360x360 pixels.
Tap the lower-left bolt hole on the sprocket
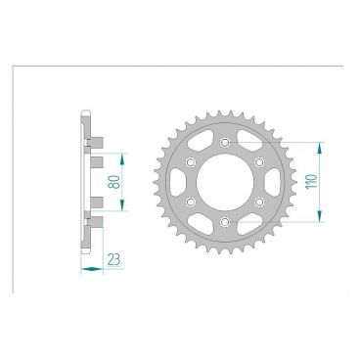coord(192,202)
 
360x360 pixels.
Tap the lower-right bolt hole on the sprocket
coord(260,202)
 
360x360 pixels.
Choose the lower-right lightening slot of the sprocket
coord(251,218)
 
